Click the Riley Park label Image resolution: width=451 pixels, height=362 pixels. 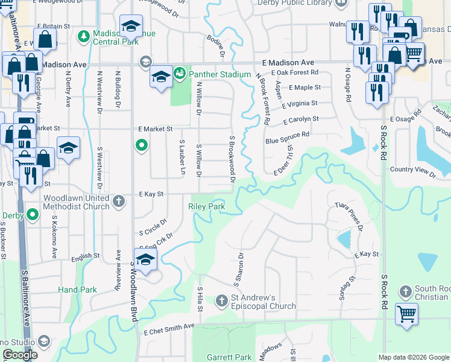click(207, 206)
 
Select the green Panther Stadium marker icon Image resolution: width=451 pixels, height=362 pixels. click(179, 74)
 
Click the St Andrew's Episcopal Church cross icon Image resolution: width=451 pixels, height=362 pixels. click(222, 300)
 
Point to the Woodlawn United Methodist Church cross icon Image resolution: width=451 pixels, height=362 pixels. click(119, 200)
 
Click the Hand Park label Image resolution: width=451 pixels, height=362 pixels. click(77, 290)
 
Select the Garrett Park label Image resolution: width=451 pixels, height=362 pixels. click(229, 357)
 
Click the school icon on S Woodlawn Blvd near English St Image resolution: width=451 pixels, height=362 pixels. click(145, 261)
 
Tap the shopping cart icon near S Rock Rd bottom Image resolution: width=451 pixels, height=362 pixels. click(406, 314)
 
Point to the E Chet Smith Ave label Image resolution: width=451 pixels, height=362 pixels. click(169, 326)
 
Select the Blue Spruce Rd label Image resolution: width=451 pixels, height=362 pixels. click(287, 138)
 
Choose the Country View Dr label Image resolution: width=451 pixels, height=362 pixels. click(412, 171)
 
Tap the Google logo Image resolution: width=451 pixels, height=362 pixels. click(19, 355)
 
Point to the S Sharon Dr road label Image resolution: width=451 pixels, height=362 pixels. click(236, 268)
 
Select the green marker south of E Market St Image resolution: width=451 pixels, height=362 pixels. click(141, 145)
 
